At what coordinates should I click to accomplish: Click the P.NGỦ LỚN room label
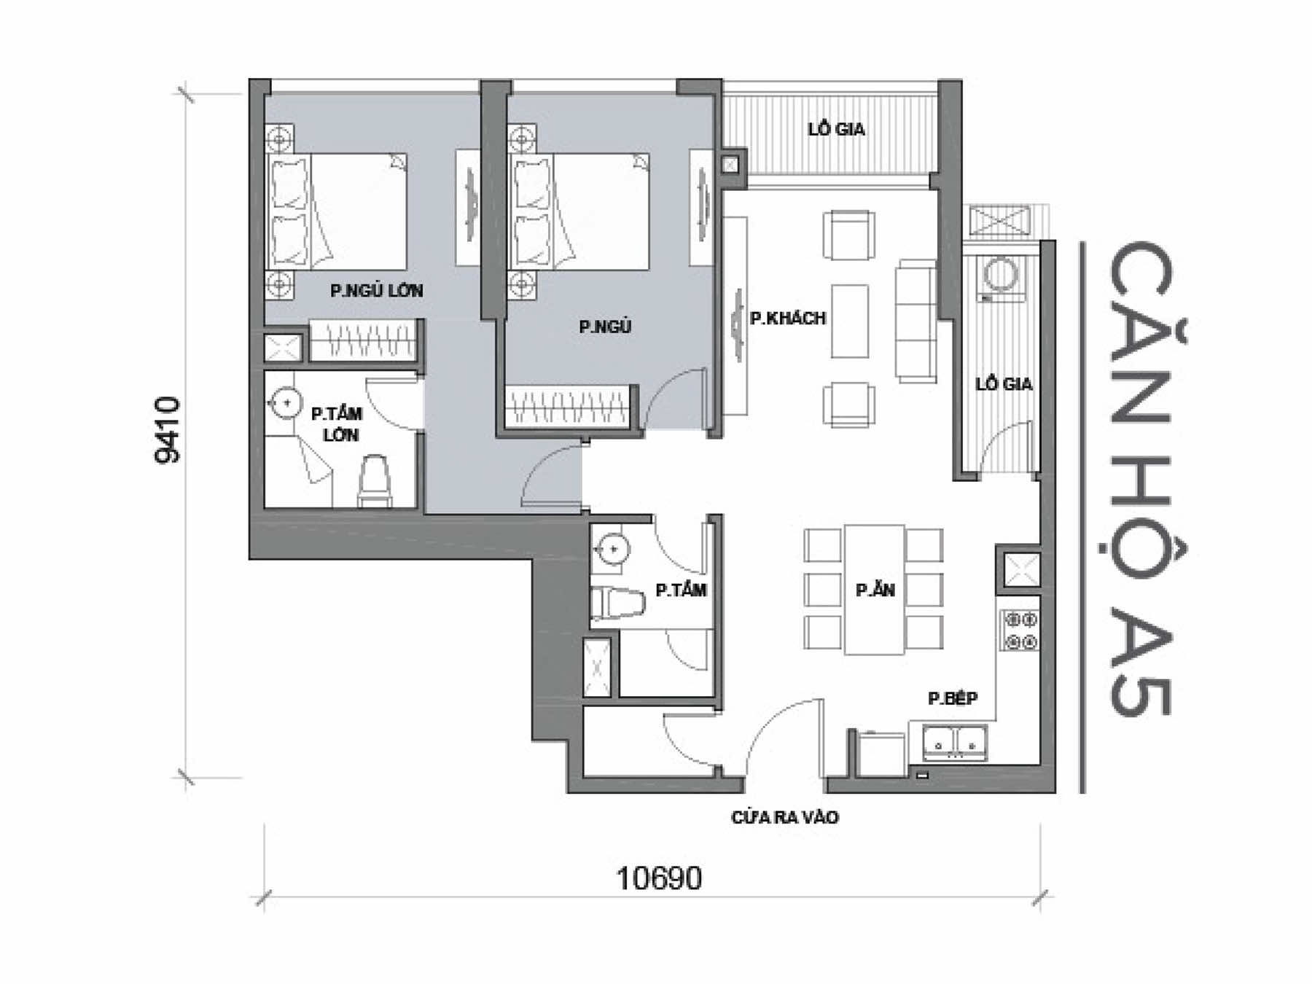point(376,290)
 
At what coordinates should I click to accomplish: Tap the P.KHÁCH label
point(788,318)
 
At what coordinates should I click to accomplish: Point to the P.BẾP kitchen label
point(953,698)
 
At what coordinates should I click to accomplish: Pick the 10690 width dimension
point(660,878)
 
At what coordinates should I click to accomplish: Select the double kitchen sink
point(954,742)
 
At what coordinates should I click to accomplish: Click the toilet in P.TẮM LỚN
point(375,480)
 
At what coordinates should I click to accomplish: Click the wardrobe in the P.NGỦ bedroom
point(567,405)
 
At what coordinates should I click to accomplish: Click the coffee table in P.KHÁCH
point(850,321)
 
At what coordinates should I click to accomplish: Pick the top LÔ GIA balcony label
point(837,129)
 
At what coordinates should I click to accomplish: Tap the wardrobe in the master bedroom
point(363,340)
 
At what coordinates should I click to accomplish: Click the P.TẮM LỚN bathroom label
point(337,424)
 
